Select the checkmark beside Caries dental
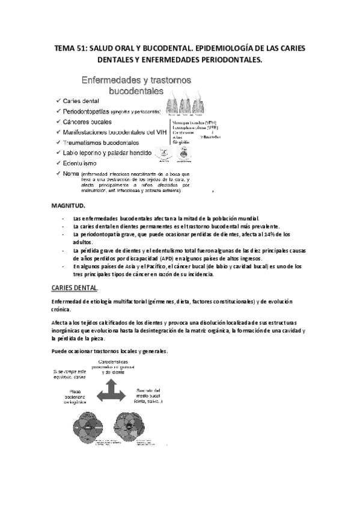pyautogui.click(x=56, y=101)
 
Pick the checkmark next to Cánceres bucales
pyautogui.click(x=56, y=121)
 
